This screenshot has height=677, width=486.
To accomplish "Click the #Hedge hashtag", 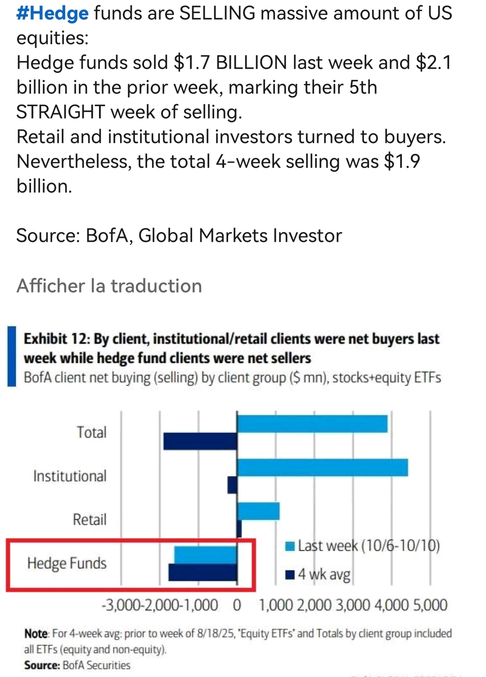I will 52,13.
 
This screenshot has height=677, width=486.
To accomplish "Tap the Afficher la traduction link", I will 109,286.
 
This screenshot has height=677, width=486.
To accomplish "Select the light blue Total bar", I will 312,424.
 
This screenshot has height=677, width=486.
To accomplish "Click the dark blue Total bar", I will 200,441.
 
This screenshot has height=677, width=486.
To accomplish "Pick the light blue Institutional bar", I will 322,468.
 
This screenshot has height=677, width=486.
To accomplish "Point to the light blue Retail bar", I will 258,511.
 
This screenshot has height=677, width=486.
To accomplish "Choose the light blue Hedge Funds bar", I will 205,555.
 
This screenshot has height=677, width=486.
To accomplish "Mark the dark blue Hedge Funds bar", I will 202,572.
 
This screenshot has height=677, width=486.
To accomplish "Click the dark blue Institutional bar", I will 232,485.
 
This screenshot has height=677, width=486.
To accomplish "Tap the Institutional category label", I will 70,476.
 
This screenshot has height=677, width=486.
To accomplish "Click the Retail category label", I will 90,520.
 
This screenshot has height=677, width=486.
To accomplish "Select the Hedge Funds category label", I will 67,563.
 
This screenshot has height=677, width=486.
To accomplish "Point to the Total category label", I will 91,432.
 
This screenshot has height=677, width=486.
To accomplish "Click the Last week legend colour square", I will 290,547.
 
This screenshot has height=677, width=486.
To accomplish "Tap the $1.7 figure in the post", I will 192,63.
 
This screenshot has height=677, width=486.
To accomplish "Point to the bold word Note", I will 36,634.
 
